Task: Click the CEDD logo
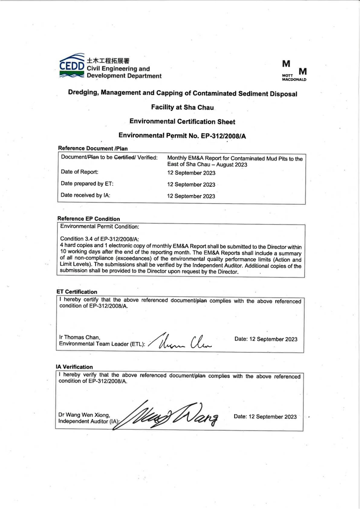click(x=72, y=66)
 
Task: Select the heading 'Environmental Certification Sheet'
click(x=182, y=122)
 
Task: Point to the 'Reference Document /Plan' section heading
click(x=93, y=148)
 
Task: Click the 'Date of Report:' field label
click(x=79, y=172)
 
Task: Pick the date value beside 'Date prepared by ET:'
click(x=191, y=184)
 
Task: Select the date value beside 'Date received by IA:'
click(x=191, y=196)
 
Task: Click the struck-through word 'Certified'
click(x=124, y=157)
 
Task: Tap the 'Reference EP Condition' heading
click(x=89, y=219)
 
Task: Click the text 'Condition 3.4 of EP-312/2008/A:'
click(x=99, y=239)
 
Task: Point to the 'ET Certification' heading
click(x=77, y=292)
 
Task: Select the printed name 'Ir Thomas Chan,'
click(x=79, y=337)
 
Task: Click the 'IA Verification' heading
click(x=74, y=367)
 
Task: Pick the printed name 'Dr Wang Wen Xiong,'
click(x=84, y=415)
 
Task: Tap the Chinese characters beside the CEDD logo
click(x=108, y=61)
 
